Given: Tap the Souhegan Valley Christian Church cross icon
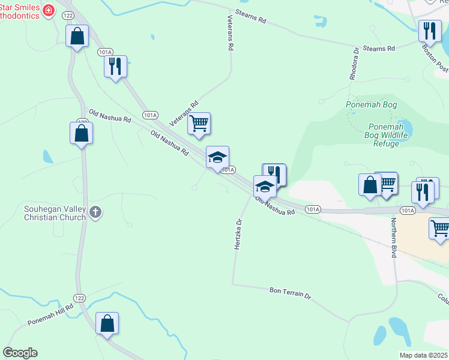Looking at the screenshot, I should (96, 212).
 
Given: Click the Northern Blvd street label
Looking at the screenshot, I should (394, 238).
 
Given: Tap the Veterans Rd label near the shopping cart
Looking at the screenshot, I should (184, 113).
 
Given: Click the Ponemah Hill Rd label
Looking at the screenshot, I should (50, 314).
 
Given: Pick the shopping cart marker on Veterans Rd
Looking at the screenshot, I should (199, 124).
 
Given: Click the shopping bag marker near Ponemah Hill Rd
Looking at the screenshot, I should (107, 323).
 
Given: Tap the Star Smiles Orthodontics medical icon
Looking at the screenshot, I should (48, 10).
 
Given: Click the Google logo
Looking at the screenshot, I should (20, 353).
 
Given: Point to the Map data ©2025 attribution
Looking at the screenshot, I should (423, 355).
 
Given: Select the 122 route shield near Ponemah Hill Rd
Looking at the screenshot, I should (80, 298).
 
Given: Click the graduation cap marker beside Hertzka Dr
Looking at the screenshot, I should (265, 187).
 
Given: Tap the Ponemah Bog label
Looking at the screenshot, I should (372, 104).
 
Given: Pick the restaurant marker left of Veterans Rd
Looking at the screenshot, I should (115, 66).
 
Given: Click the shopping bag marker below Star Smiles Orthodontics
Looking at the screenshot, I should (77, 35).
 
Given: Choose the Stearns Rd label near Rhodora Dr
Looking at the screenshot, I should (379, 48).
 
